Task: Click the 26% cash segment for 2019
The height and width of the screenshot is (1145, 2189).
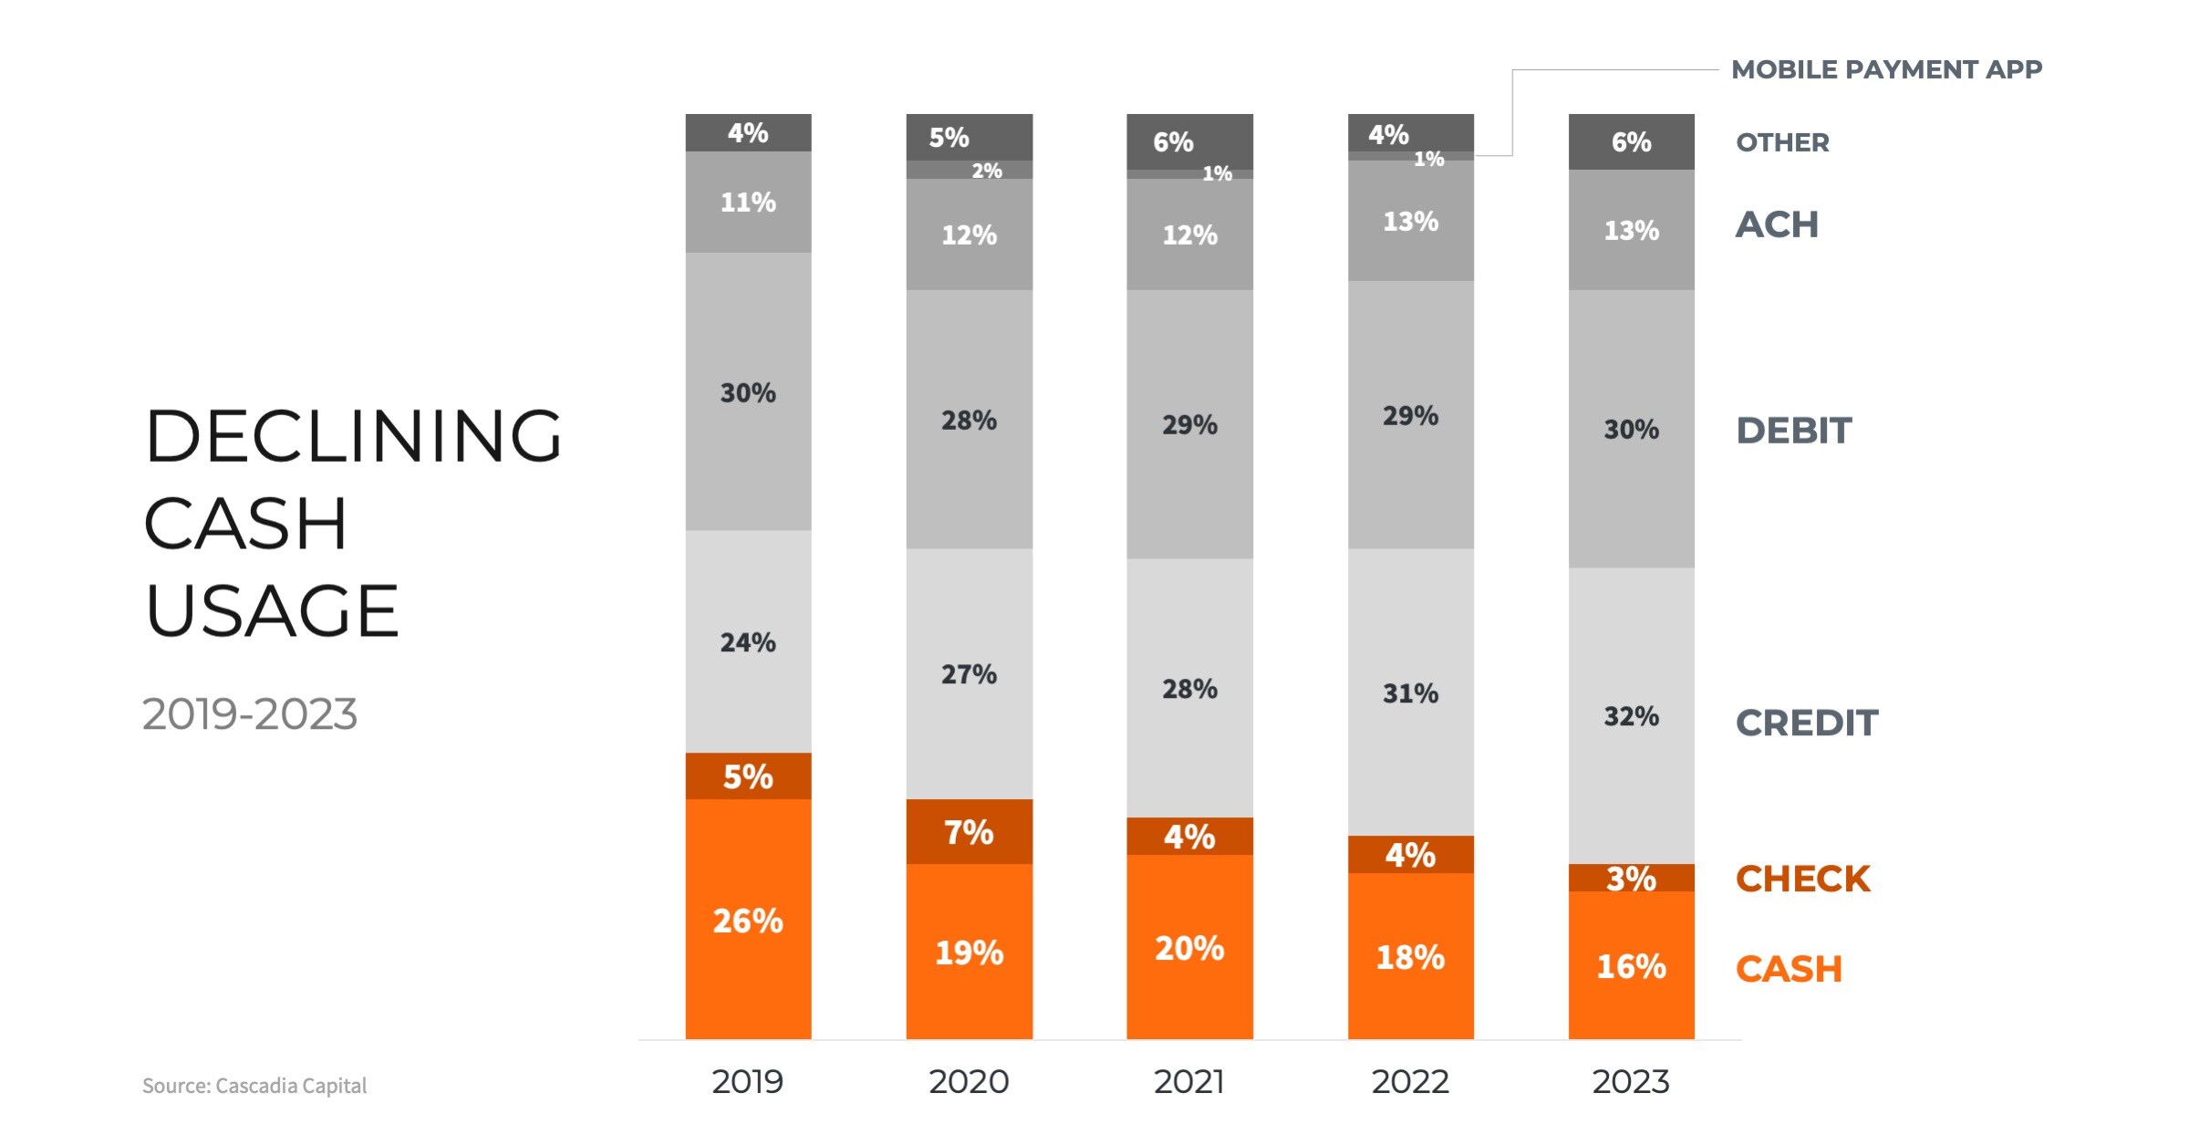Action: point(748,920)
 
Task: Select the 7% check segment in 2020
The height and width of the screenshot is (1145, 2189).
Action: point(969,832)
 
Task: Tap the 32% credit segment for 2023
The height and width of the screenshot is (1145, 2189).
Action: point(1631,716)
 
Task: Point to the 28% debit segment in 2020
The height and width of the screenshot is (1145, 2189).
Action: point(969,421)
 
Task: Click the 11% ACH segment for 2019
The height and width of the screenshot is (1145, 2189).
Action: point(748,202)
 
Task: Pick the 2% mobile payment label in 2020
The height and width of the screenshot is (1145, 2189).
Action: point(986,171)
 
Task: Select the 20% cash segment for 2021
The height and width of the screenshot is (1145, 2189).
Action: point(1189,947)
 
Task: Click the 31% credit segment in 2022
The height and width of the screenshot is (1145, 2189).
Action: point(1410,693)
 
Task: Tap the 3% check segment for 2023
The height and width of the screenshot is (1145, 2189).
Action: point(1631,879)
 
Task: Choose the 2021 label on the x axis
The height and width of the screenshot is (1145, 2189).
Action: point(1189,1082)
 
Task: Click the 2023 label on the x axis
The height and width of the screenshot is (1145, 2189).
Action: point(1631,1082)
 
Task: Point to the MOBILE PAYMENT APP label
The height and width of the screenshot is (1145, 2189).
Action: point(1886,69)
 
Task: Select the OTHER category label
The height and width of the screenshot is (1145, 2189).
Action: point(1782,142)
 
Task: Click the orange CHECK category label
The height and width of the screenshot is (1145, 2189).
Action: point(1802,879)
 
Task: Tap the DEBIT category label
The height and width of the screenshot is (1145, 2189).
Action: point(1793,431)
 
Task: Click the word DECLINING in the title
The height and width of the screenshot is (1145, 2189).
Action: point(353,436)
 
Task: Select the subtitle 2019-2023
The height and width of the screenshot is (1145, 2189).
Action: point(249,714)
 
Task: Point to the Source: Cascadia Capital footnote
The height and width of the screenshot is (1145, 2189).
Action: point(254,1086)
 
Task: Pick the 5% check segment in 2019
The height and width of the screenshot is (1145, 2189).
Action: point(748,776)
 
